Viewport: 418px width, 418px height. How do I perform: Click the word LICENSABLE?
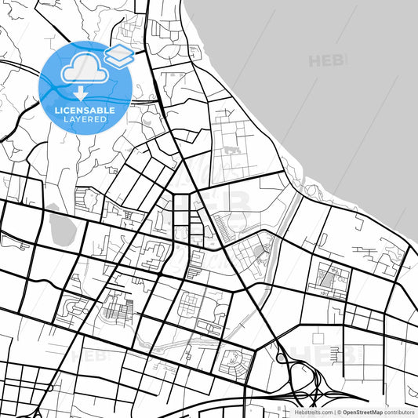coord(84,111)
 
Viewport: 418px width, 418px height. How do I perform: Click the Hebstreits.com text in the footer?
coord(313,411)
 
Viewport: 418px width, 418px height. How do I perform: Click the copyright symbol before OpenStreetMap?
coord(338,411)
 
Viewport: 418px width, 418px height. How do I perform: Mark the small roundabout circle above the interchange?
coord(282,358)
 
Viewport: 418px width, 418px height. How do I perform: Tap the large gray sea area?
coord(329,102)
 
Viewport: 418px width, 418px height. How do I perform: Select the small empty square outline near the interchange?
coord(318,337)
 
